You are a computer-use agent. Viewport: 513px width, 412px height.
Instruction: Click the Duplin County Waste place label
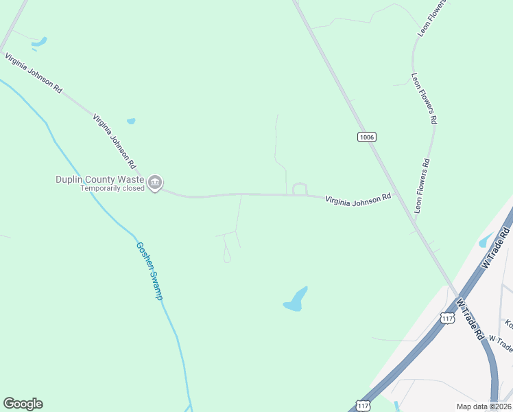pyautogui.click(x=100, y=179)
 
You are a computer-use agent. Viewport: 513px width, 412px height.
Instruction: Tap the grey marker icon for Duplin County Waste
pyautogui.click(x=155, y=183)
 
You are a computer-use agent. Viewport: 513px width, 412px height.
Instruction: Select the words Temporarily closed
pyautogui.click(x=112, y=188)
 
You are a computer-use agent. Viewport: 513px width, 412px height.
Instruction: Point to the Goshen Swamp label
pyautogui.click(x=150, y=271)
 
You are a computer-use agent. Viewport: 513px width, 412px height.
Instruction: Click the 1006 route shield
pyautogui.click(x=367, y=137)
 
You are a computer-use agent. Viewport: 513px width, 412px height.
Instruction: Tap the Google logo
pyautogui.click(x=23, y=404)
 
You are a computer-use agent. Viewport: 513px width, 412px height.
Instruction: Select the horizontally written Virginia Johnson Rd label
pyautogui.click(x=358, y=198)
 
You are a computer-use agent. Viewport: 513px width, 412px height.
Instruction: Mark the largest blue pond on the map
pyautogui.click(x=296, y=299)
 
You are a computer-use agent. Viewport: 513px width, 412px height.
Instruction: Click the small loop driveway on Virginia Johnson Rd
pyautogui.click(x=300, y=188)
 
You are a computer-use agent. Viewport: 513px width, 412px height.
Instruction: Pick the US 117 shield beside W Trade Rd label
pyautogui.click(x=448, y=319)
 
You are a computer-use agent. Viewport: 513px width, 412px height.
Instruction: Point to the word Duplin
pyautogui.click(x=69, y=179)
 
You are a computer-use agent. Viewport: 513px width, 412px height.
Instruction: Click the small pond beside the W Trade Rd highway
pyautogui.click(x=485, y=240)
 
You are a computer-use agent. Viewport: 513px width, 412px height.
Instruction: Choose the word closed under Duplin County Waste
pyautogui.click(x=133, y=188)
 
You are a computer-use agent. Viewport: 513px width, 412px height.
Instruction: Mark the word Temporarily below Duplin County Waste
pyautogui.click(x=101, y=188)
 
